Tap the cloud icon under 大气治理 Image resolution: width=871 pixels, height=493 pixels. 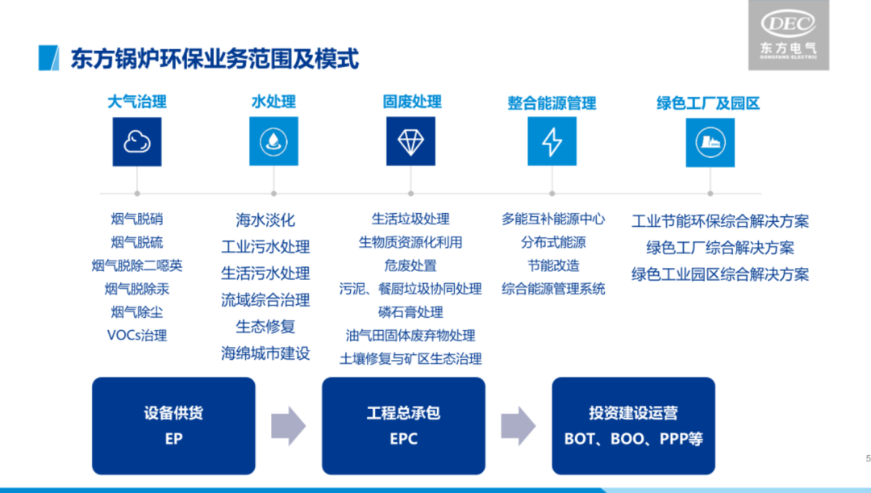(137, 142)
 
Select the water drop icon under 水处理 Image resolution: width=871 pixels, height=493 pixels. (273, 142)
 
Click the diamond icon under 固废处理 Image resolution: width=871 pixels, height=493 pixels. (410, 142)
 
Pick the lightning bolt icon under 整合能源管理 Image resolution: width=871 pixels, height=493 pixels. (552, 142)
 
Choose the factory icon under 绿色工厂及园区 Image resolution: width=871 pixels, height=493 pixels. (710, 142)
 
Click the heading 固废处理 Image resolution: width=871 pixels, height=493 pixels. (411, 102)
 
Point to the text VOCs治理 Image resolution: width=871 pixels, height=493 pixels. (137, 335)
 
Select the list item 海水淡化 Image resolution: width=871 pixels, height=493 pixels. (265, 219)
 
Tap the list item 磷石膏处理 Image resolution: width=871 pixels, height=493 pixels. (410, 312)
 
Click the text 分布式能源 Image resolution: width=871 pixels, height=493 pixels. (553, 242)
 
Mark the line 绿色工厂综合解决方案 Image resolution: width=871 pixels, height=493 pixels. (719, 248)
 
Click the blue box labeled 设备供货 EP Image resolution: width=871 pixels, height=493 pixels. (173, 425)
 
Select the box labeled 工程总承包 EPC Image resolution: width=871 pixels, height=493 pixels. (403, 425)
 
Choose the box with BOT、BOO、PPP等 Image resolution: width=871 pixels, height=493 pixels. (633, 425)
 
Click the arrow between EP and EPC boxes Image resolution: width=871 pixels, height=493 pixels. (288, 425)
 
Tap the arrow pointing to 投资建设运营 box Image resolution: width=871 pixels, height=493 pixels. (518, 425)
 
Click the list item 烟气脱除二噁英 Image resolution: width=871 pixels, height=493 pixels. (137, 265)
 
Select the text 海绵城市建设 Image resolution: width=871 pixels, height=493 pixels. (265, 353)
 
